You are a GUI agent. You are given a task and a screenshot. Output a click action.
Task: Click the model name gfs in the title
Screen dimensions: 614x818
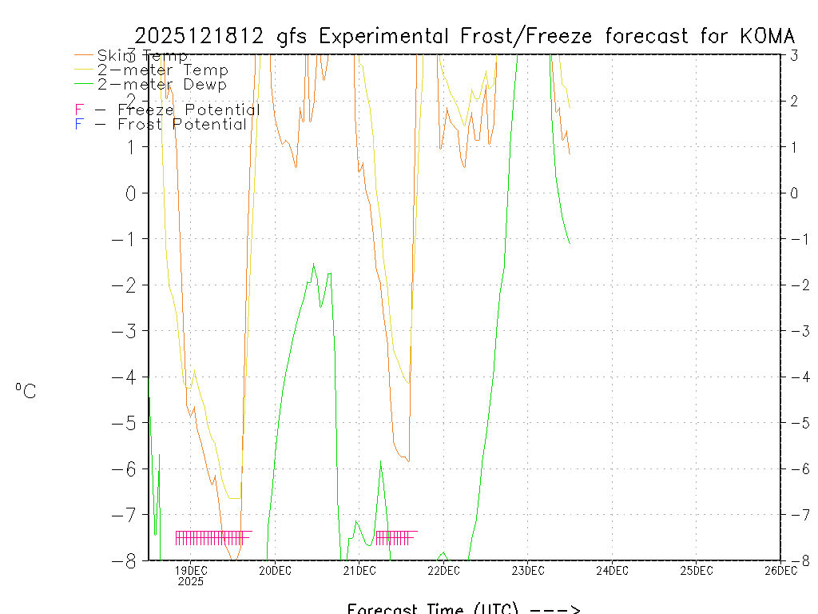294,37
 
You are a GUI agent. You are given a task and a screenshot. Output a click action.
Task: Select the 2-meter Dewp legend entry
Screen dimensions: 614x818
162,84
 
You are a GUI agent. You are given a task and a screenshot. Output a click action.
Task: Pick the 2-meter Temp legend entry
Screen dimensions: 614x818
162,70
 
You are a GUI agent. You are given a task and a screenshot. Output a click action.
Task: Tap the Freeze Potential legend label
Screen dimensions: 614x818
180,110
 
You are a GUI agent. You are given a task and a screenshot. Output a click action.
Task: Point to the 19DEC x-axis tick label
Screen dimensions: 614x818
191,570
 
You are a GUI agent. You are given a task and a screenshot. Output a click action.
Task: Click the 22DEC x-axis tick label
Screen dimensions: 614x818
443,570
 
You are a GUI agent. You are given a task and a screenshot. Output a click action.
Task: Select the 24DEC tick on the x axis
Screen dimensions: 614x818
612,570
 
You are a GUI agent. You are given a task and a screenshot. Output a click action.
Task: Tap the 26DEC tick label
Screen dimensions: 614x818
780,570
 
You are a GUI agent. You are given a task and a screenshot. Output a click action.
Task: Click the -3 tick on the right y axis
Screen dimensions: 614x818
794,331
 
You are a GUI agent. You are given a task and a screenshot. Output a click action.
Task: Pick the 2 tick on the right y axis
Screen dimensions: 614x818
794,101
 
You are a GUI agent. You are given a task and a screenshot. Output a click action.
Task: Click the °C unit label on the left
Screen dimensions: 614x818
26,391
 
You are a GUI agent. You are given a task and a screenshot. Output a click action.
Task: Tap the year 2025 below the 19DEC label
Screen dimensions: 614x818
191,581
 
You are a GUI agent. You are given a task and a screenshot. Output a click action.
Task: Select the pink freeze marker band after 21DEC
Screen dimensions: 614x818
395,536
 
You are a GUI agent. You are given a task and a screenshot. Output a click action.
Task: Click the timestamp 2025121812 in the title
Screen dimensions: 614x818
199,36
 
